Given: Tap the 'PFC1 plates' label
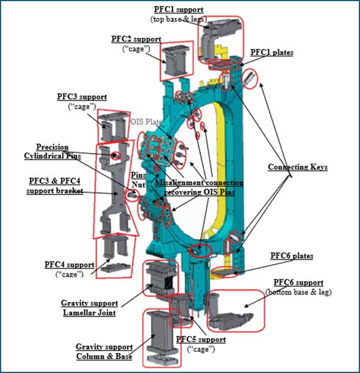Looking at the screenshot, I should (x=272, y=52).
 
